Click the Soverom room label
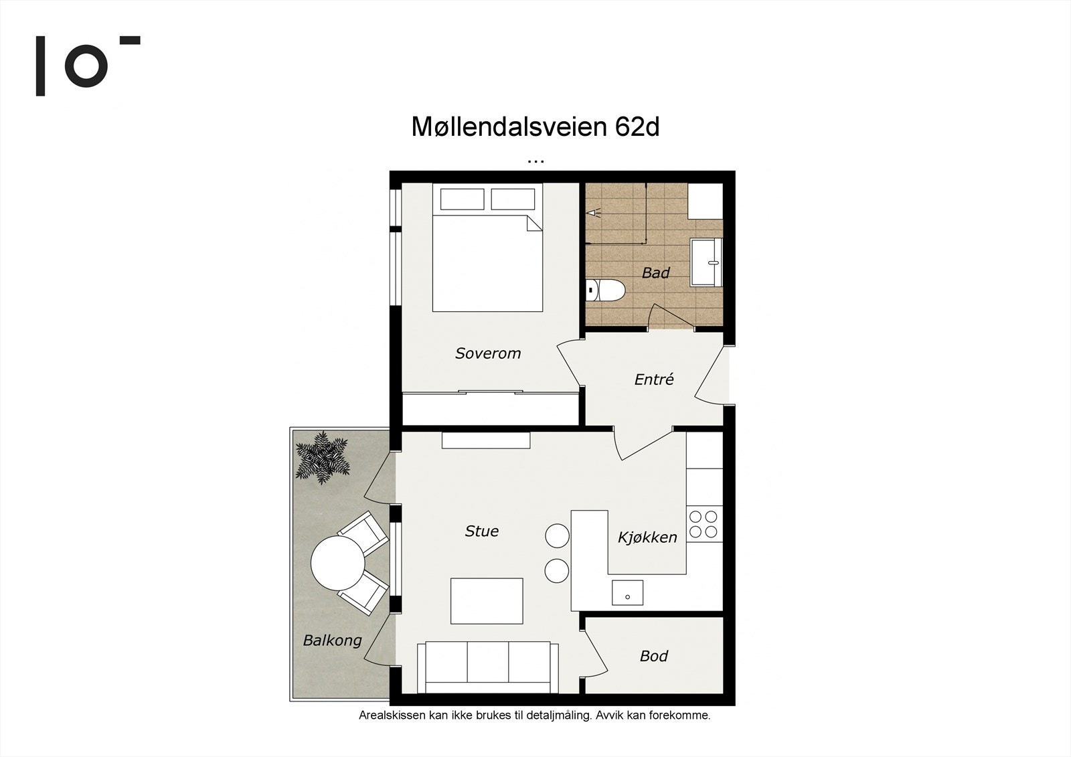(x=487, y=353)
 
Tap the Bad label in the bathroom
(x=655, y=273)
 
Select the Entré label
(x=653, y=380)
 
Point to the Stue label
(x=481, y=531)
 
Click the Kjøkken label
(x=647, y=537)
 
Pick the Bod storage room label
(x=653, y=656)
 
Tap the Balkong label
(x=332, y=641)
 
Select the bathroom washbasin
(x=707, y=262)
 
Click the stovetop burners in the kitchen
(x=704, y=524)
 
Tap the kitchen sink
(x=627, y=593)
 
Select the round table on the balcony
(x=337, y=563)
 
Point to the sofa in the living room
(x=487, y=667)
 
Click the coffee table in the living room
(x=487, y=601)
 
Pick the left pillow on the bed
(x=462, y=199)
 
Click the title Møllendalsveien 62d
(x=535, y=127)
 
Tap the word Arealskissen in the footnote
(x=388, y=716)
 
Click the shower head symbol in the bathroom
(x=595, y=213)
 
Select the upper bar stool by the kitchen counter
(x=557, y=535)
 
